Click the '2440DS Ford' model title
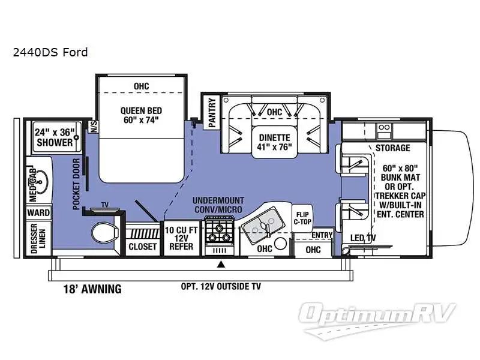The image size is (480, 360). click(50, 52)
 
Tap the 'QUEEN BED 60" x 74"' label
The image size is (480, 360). click(141, 116)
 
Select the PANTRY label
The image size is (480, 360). click(212, 112)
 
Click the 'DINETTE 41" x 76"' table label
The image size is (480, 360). click(274, 142)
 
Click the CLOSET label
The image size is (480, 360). click(143, 247)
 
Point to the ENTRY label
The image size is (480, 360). click(322, 235)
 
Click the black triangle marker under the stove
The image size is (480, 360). click(221, 263)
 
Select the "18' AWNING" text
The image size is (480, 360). click(92, 289)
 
